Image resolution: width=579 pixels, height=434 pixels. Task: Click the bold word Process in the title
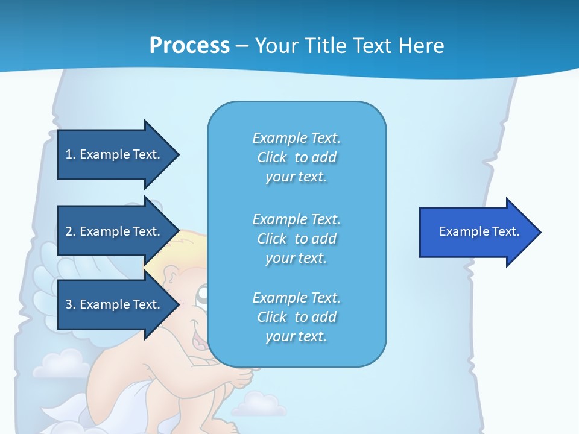pos(189,46)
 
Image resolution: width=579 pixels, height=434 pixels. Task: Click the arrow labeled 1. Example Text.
pos(115,154)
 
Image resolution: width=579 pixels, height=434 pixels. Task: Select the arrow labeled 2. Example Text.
pos(115,231)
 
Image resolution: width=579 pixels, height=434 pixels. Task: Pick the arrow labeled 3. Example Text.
pos(115,304)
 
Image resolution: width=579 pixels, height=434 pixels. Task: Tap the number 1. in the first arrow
pos(71,154)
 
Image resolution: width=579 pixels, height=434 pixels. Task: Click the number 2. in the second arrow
pos(71,231)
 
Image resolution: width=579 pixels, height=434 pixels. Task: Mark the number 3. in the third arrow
pos(71,304)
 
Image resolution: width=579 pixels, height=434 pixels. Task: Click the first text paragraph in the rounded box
pos(297,157)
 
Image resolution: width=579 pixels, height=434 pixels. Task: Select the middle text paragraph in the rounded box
pos(297,239)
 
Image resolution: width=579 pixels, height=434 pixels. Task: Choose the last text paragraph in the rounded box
pos(297,317)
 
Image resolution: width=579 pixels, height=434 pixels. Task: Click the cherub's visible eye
pos(203,294)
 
